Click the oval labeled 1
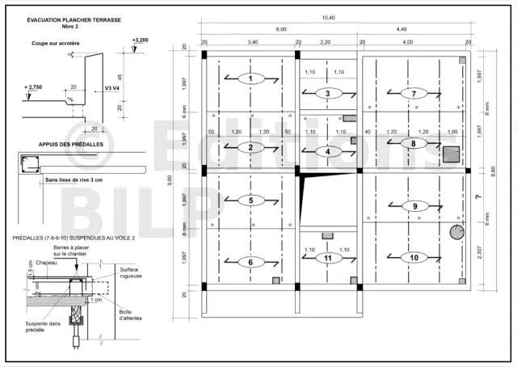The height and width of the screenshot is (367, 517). [251, 78]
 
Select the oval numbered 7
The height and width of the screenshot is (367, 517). [414, 94]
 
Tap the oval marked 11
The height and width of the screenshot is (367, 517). [327, 259]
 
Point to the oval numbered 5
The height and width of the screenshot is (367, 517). [251, 200]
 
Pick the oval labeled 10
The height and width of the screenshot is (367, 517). [414, 258]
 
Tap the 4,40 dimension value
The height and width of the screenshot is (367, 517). [401, 29]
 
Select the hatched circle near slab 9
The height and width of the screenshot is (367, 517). [457, 233]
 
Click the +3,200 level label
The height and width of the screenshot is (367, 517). [139, 39]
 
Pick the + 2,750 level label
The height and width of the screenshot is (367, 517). [35, 86]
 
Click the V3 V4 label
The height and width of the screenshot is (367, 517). [114, 89]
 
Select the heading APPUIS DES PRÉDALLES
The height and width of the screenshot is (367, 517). [64, 145]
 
